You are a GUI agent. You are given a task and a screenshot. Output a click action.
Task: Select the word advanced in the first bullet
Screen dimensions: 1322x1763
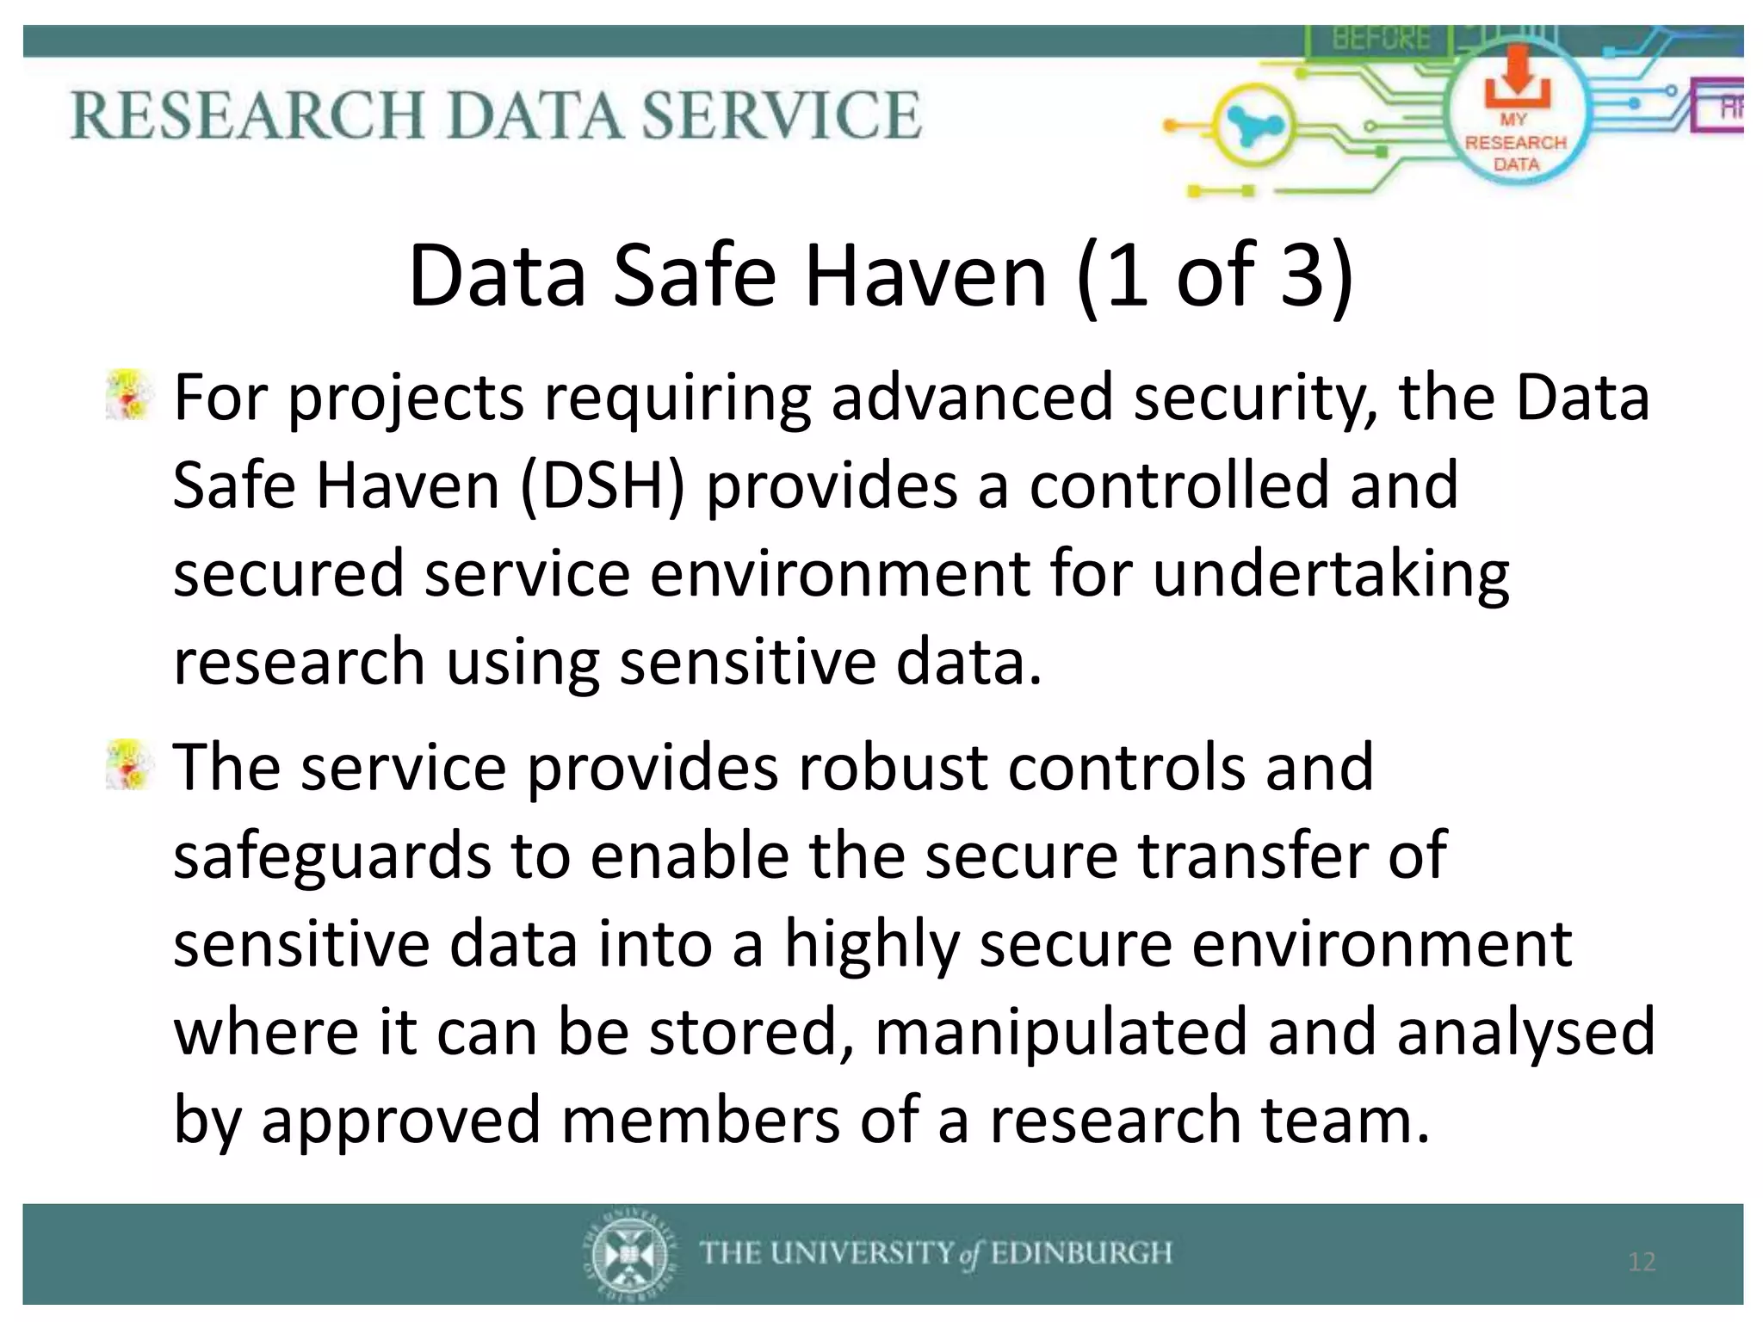pos(971,398)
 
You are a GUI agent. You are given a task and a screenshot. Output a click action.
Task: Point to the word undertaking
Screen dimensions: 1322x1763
pos(1330,575)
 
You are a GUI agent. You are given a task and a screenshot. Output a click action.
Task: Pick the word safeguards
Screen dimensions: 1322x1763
pos(332,857)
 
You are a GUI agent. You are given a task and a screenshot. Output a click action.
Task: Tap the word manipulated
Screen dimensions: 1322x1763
pos(1061,1032)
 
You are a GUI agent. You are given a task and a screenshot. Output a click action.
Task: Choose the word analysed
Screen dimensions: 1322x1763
pos(1525,1032)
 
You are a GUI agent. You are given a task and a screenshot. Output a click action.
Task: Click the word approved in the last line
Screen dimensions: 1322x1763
pos(400,1121)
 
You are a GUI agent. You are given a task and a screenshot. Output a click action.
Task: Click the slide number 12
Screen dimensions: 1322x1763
pos(1642,1262)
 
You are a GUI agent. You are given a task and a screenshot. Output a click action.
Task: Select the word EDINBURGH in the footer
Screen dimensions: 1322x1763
pos(1082,1252)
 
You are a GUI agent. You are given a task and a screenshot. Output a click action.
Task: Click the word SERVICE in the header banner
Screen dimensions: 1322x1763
pos(783,114)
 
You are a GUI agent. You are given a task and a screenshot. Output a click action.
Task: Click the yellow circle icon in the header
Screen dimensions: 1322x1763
pos(1253,127)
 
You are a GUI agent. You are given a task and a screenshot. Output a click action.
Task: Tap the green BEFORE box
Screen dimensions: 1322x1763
pos(1381,39)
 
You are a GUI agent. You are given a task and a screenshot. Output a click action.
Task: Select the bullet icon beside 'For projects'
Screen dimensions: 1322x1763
pos(128,396)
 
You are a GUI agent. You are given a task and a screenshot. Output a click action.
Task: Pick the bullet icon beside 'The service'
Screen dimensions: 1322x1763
pos(128,764)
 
